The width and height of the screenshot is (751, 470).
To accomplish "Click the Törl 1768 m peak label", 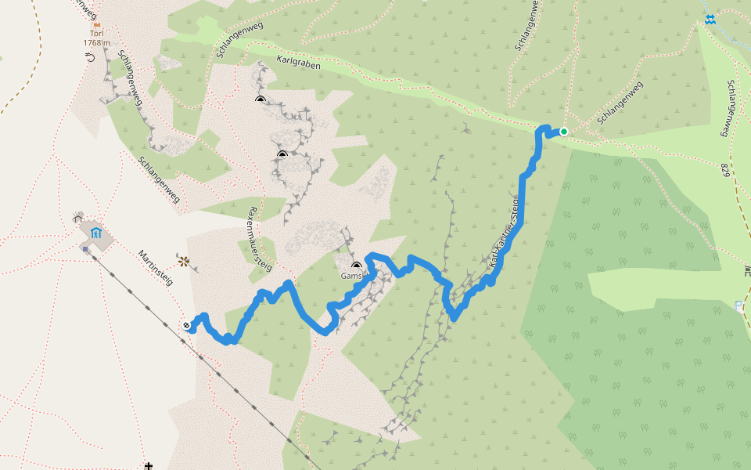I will [96, 39].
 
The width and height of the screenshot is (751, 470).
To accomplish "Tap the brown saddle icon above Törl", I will [97, 26].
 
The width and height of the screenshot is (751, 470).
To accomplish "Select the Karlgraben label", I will [298, 63].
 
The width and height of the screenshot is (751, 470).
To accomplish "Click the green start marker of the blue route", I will [563, 132].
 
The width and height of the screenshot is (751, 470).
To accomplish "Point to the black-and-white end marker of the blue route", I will [187, 325].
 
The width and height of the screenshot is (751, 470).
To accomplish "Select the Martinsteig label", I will [155, 268].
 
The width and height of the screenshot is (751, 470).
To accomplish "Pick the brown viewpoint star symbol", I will [183, 262].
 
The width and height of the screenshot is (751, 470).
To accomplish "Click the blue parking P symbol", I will [740, 305].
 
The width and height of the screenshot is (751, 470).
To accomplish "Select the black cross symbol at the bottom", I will [149, 465].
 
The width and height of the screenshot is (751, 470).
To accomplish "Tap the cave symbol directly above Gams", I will [357, 266].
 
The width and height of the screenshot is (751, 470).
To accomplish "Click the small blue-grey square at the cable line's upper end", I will [84, 249].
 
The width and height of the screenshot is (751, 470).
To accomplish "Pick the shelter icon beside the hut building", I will [77, 215].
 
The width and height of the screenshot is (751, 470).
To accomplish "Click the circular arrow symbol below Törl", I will [91, 56].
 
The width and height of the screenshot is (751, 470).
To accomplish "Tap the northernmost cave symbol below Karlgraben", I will [260, 99].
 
